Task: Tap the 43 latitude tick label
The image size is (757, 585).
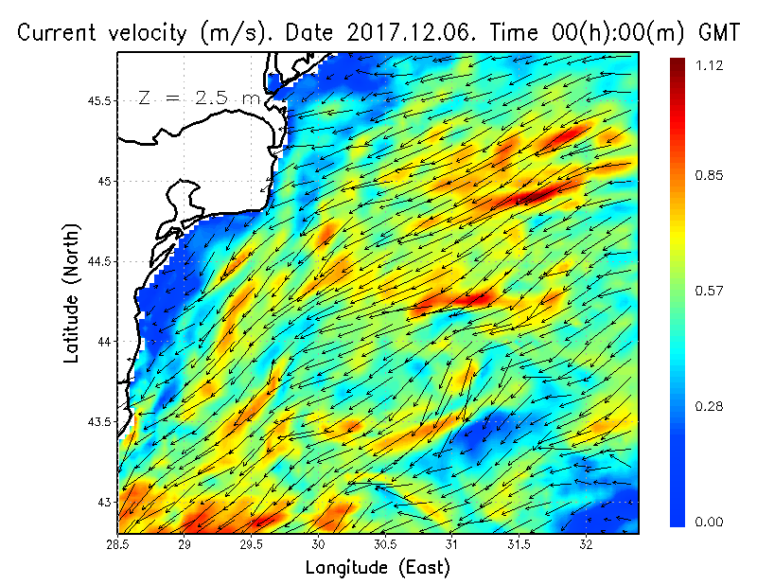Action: (104, 502)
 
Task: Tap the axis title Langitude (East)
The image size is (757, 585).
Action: (378, 568)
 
